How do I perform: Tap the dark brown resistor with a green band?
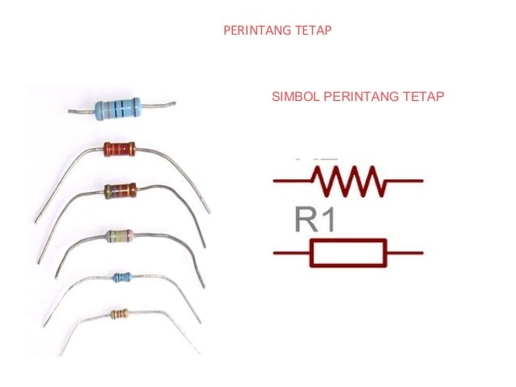120,191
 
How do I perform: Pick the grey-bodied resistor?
120,237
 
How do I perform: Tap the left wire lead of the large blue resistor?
82,111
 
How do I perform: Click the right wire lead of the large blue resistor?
159,104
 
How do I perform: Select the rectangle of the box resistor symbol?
348,253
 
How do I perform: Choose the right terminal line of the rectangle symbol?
404,253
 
